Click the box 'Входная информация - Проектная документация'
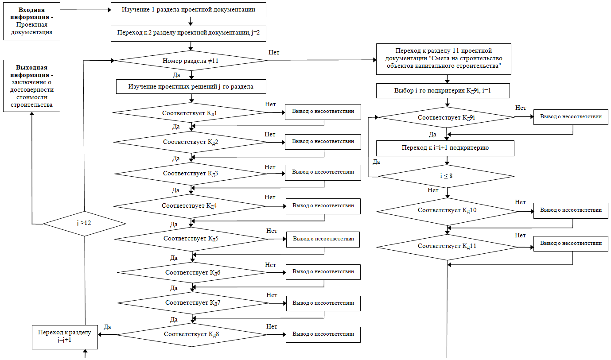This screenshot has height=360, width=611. click(31, 21)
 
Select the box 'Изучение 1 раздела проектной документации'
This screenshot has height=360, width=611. click(188, 10)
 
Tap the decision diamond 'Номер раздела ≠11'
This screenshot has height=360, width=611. click(191, 61)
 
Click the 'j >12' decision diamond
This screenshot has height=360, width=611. click(84, 224)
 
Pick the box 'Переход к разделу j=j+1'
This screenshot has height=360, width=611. click(65, 337)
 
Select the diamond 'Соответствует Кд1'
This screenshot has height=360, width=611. click(190, 112)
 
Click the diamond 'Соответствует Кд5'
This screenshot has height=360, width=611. click(191, 239)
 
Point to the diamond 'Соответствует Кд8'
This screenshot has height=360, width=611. click(191, 335)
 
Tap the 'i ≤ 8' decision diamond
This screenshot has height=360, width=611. click(446, 176)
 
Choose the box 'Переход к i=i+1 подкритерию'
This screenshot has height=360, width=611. click(445, 148)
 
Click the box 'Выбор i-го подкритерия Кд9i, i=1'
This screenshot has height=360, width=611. click(443, 91)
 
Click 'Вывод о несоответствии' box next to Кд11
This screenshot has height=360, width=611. click(571, 244)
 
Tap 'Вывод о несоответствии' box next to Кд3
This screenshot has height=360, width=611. click(323, 173)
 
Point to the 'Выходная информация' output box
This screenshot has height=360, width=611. click(31, 86)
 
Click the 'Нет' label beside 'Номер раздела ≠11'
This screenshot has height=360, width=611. click(274, 53)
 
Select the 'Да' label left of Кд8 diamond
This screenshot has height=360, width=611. click(108, 327)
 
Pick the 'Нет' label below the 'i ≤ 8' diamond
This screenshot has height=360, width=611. click(433, 190)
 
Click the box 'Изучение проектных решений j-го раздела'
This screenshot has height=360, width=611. click(191, 87)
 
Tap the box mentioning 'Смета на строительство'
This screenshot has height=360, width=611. click(444, 59)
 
